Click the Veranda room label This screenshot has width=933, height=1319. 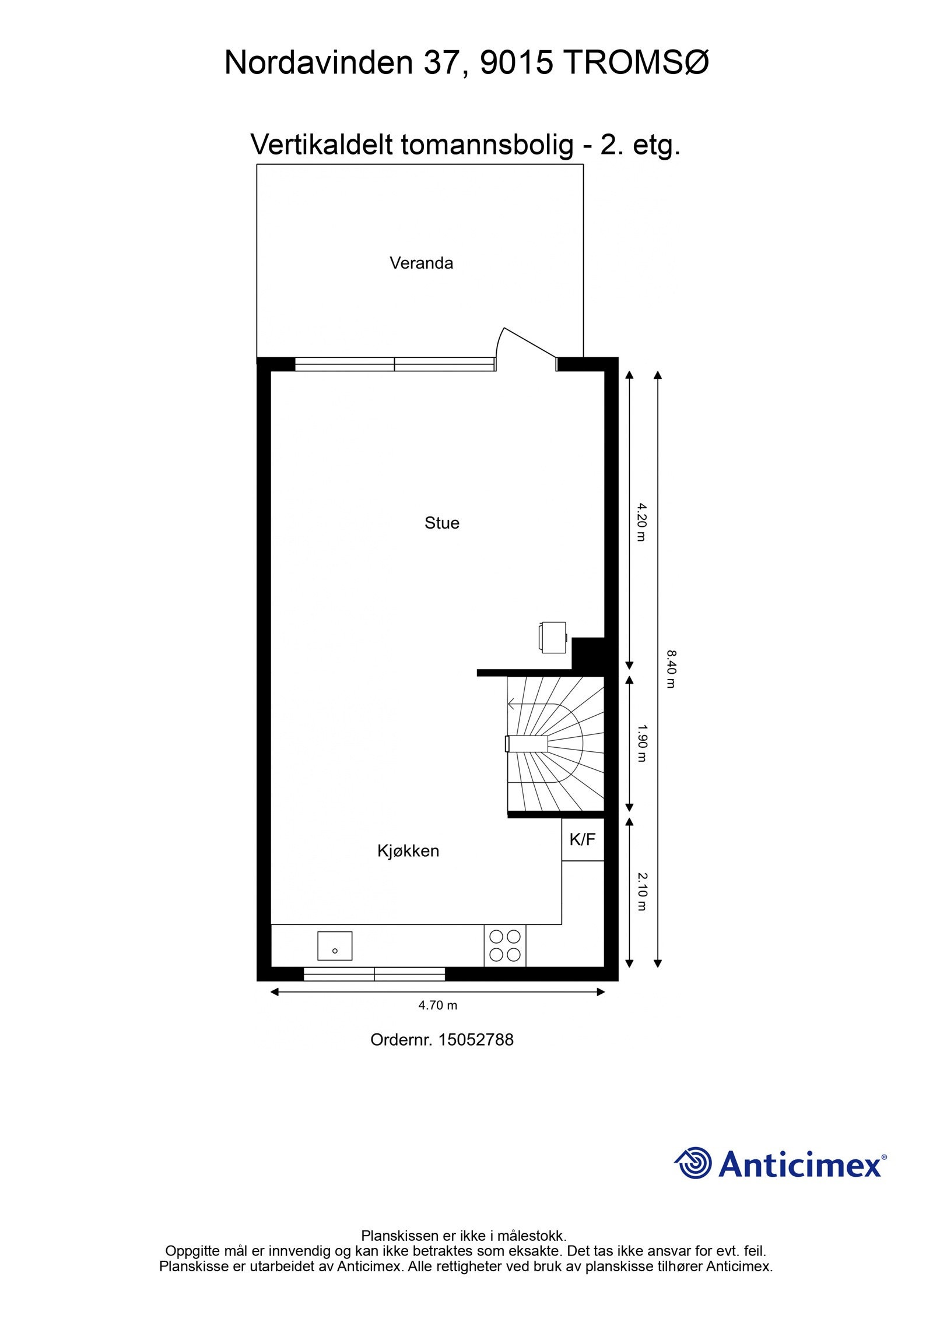point(421,263)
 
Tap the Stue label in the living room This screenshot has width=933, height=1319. point(441,523)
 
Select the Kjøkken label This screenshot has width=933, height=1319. point(408,851)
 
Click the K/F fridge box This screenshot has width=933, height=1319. point(582,839)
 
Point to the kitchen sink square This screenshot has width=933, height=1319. point(335,945)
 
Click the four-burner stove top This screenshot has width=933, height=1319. point(504,945)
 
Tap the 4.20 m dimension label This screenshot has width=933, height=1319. point(641,522)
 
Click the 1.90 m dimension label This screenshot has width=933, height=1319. point(641,743)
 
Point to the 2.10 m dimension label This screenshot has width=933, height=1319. point(641,891)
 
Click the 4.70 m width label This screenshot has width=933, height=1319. point(437,1005)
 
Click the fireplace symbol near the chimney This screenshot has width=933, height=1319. point(552,637)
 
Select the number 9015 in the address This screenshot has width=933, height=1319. point(515,62)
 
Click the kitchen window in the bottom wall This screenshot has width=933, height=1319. point(374,974)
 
